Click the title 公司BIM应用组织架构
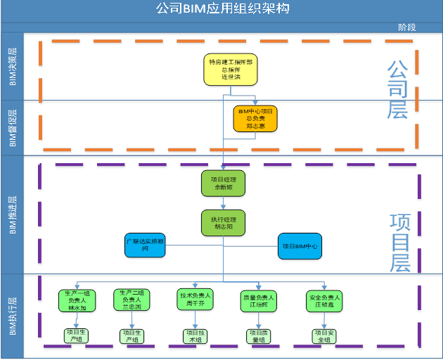tap(222, 9)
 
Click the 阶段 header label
tap(406, 27)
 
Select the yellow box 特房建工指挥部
tap(231, 70)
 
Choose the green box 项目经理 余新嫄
tap(224, 184)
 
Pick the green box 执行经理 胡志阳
tap(224, 224)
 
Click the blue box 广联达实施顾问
tap(146, 246)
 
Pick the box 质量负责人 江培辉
tap(259, 302)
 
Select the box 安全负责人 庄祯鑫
tap(324, 302)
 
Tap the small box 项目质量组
tap(259, 336)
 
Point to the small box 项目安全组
tap(324, 336)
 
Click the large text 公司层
tap(398, 89)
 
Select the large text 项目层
tap(401, 243)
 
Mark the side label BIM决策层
tap(13, 67)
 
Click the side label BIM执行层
tap(13, 316)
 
